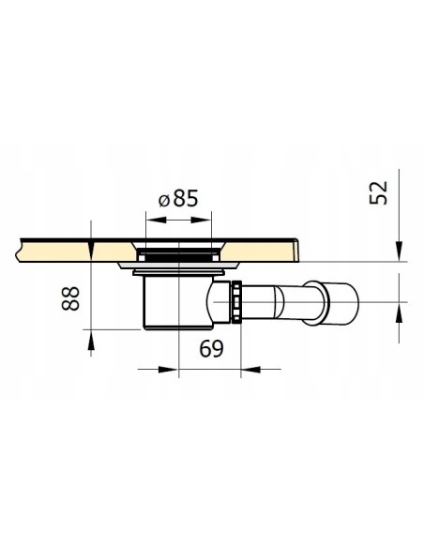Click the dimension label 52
(379, 192)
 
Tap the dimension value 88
(70, 298)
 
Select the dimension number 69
(211, 349)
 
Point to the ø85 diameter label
(178, 199)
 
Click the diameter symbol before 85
(164, 201)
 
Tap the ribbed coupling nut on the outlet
(236, 301)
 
